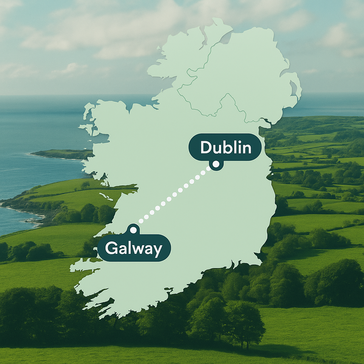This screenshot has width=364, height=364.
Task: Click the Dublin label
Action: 225,147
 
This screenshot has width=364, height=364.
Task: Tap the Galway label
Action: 134,248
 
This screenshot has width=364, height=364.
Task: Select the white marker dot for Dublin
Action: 215,164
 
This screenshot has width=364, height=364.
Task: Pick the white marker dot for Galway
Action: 133,230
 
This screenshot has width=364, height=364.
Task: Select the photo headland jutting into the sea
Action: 60,154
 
